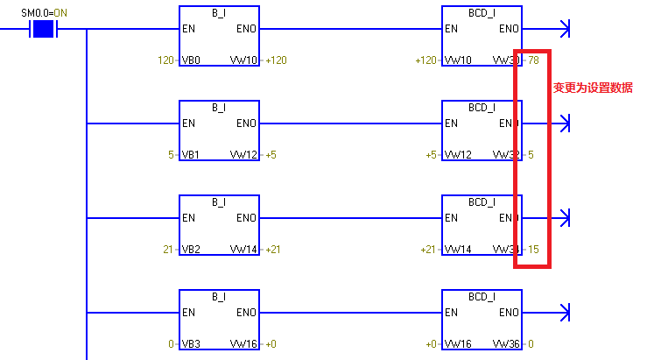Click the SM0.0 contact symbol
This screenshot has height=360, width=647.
[x=43, y=29]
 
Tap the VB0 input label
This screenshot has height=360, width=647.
[x=191, y=60]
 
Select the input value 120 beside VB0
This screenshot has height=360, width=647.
[x=165, y=60]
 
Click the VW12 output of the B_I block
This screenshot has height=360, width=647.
[x=243, y=155]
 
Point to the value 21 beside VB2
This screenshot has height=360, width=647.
[x=168, y=250]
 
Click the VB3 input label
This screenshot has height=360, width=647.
[x=191, y=344]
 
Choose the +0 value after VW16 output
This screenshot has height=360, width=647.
[x=271, y=344]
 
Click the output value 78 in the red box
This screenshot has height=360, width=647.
[x=533, y=60]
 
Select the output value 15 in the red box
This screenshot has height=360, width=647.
[x=533, y=250]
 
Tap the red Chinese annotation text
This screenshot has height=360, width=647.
[x=593, y=88]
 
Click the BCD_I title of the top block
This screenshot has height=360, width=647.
[x=482, y=12]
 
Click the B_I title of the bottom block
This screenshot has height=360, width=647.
[x=219, y=296]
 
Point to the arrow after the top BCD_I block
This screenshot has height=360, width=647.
[x=563, y=29]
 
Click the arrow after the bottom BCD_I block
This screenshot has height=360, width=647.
[x=563, y=313]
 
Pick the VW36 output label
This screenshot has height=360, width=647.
[x=506, y=344]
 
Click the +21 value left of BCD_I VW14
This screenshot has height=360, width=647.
[x=428, y=250]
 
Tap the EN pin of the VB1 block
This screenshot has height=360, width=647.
[x=188, y=124]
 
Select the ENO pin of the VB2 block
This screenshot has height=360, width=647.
[x=247, y=218]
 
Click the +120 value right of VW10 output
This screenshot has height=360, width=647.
[x=276, y=60]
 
